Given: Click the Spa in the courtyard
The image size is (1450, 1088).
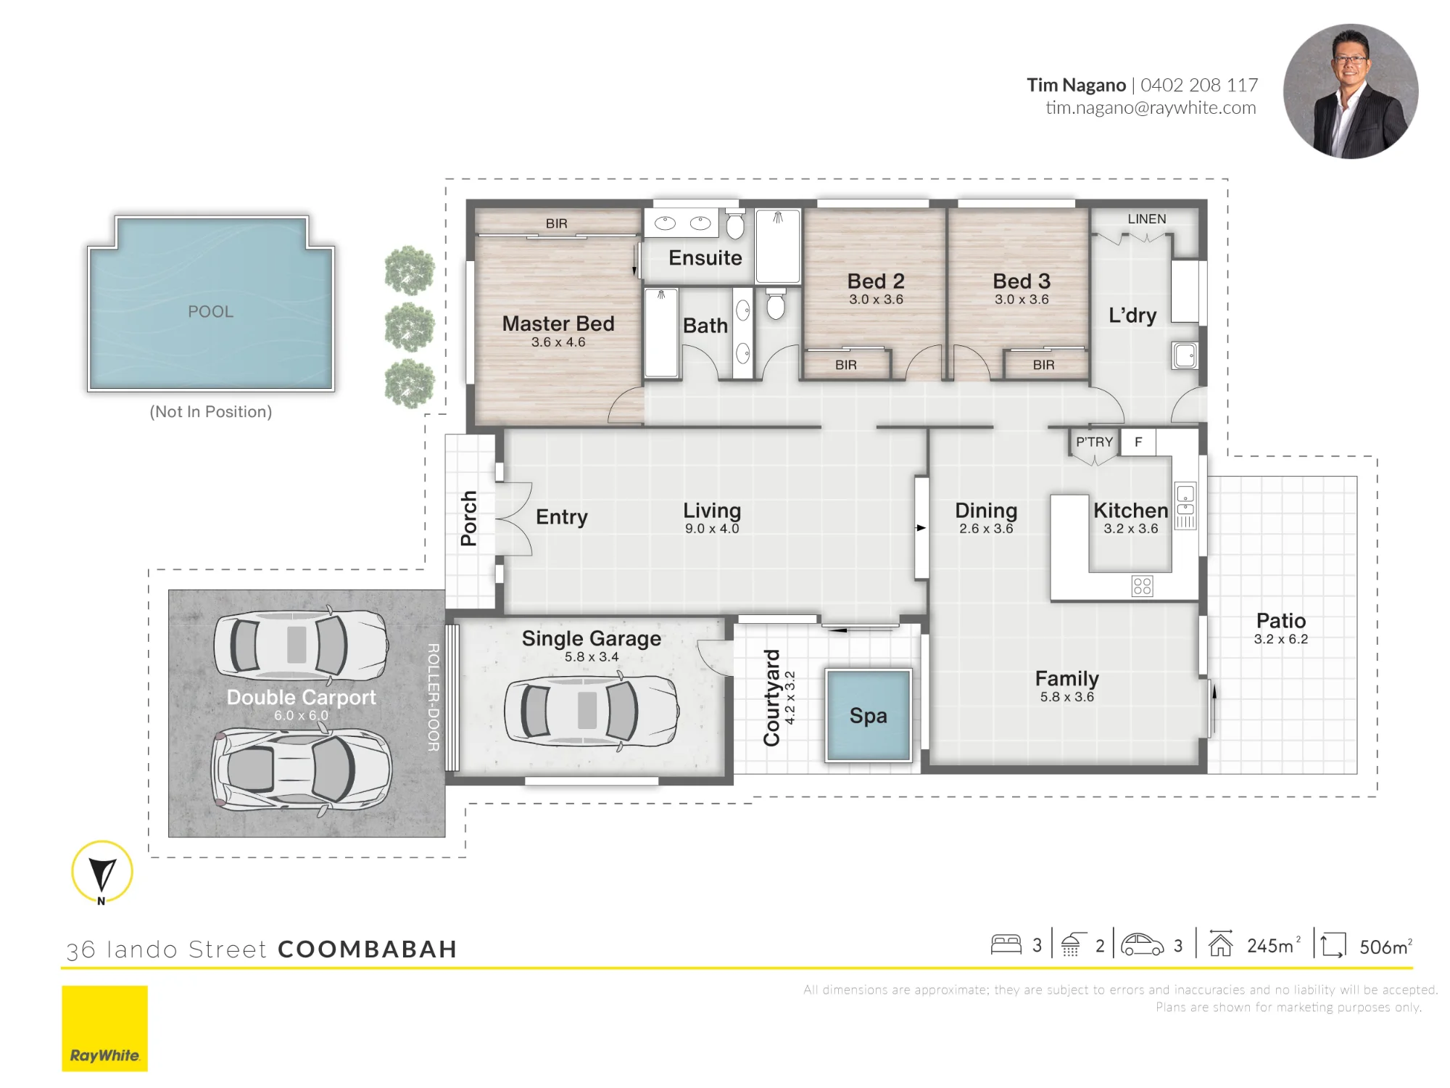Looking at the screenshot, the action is tap(869, 715).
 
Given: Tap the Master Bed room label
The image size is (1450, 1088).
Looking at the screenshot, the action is tap(558, 323).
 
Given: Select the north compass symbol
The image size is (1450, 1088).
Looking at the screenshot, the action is tap(102, 873).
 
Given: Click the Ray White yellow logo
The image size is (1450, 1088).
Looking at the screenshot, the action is tap(104, 1028).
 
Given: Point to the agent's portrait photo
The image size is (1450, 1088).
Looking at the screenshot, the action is tap(1351, 91).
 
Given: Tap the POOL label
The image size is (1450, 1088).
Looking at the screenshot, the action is tap(211, 312).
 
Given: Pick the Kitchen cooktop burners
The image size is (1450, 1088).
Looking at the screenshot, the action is tap(1142, 586).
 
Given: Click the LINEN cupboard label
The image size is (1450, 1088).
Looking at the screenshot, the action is tap(1147, 219).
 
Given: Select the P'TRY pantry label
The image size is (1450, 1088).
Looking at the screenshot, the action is tap(1094, 442).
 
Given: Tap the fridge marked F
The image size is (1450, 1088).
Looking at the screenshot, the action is tap(1138, 442).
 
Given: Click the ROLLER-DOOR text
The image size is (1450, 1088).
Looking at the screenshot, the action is tap(434, 698).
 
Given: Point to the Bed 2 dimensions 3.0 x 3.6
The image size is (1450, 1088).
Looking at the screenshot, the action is tap(876, 300).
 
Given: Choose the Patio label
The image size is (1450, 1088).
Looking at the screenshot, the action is tap(1281, 621).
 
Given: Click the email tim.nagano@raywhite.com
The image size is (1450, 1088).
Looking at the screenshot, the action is tap(1151, 108).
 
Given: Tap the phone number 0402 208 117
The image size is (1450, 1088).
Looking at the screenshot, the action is tap(1199, 86).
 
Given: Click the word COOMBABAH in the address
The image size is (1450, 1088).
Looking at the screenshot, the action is tap(367, 949).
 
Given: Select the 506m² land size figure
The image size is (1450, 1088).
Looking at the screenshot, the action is tap(1385, 947).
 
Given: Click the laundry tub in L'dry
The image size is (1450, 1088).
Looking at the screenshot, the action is tap(1185, 355).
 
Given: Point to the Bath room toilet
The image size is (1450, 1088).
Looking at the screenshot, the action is tap(776, 304).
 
